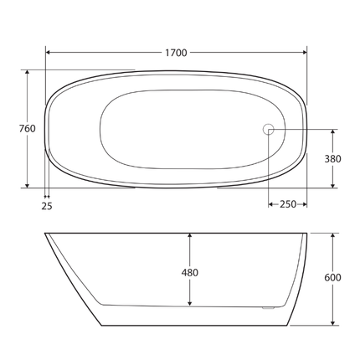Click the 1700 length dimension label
175,53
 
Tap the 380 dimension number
334,158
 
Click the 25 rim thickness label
47,205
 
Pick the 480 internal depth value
191,272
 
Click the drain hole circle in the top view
269,129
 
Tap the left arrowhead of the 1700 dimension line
49,53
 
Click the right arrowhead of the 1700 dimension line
304,53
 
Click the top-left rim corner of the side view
45,233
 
